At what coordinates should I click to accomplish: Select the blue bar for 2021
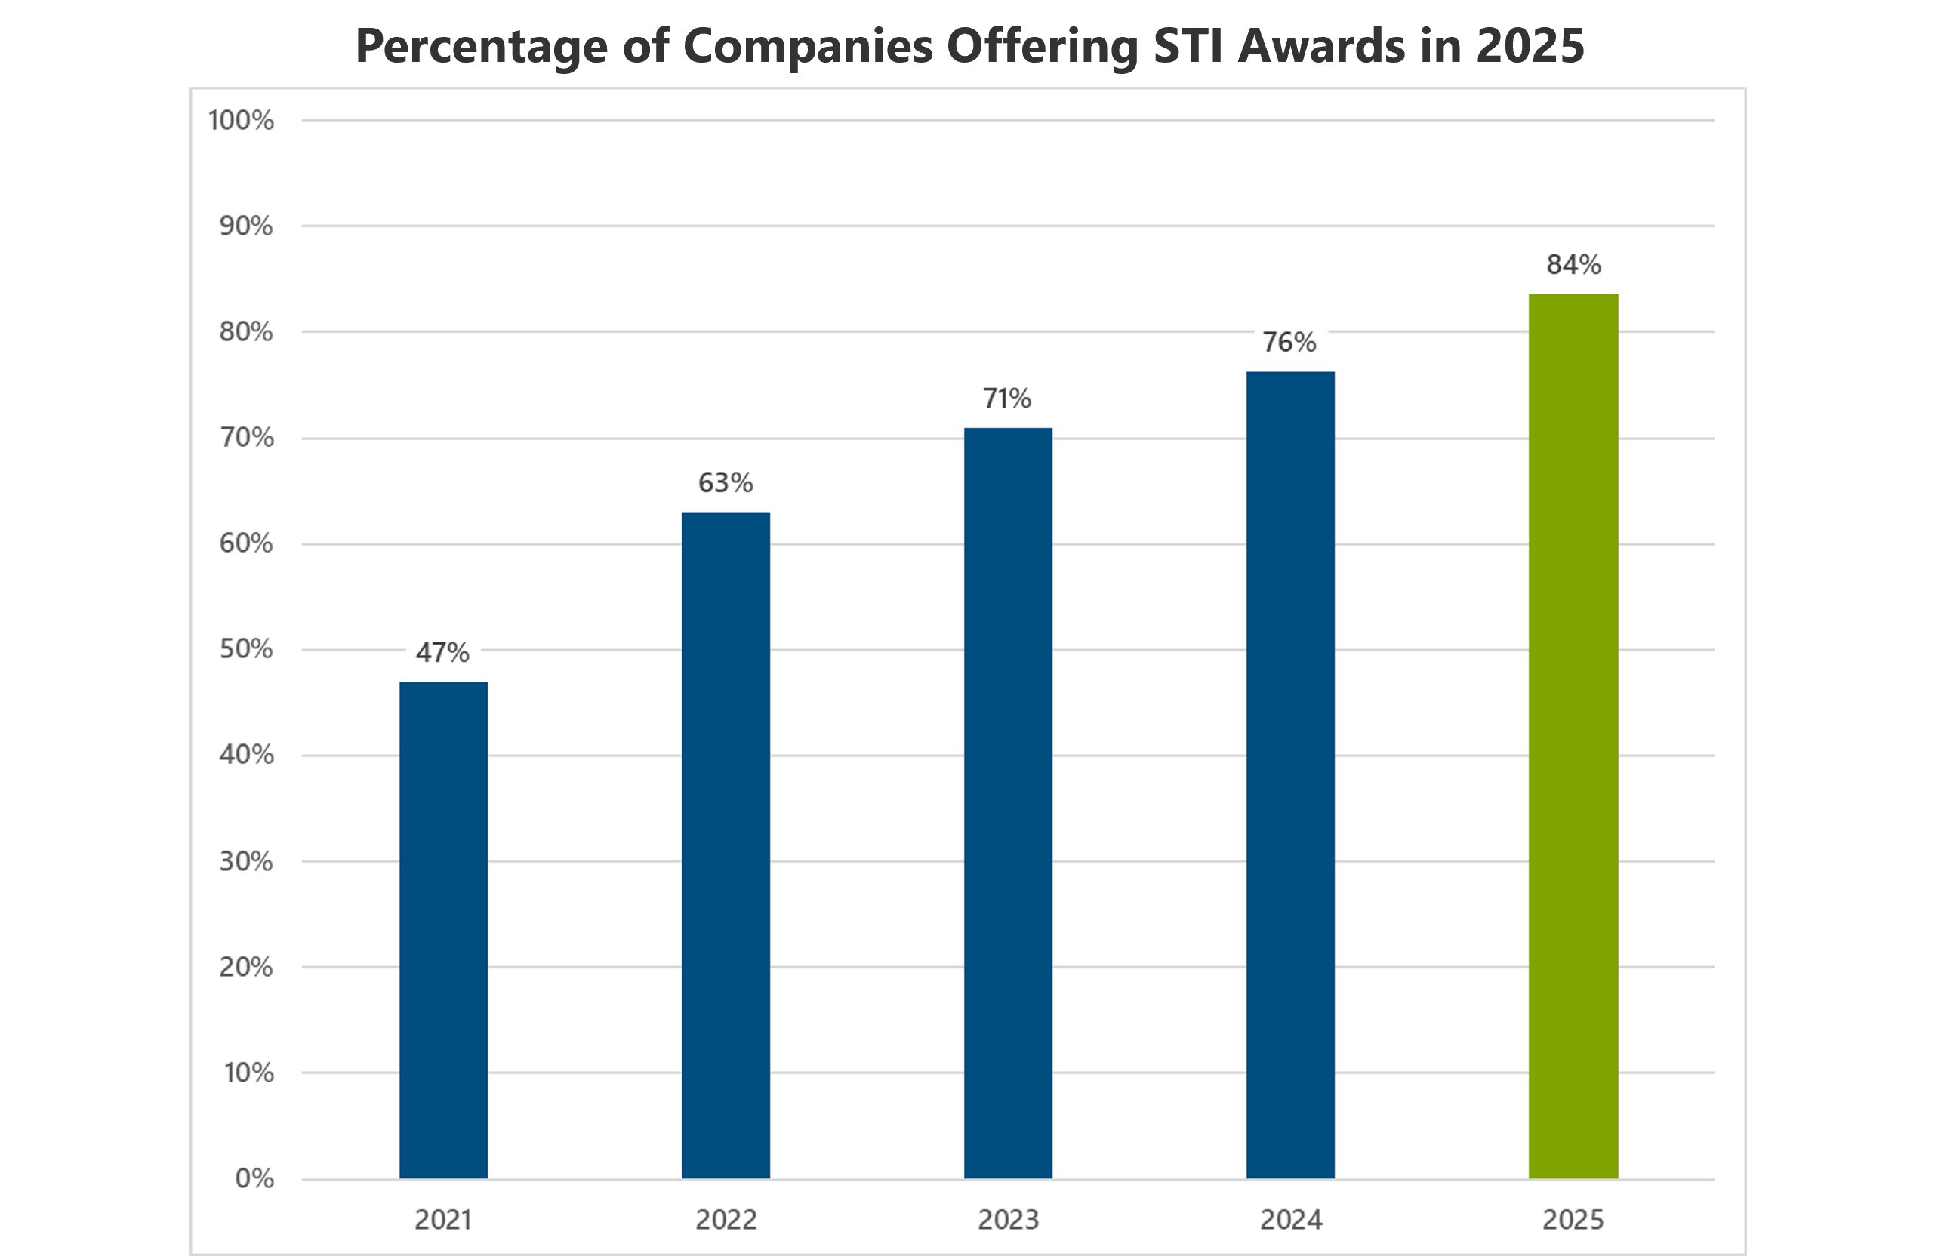pos(444,930)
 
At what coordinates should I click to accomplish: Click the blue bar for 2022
pos(726,845)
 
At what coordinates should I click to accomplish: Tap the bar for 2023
pos(1008,802)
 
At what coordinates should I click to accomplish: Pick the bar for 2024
pos(1290,774)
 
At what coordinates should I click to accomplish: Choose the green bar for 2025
pos(1573,736)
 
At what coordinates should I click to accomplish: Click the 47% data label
pos(443,652)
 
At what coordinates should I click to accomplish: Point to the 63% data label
pos(725,483)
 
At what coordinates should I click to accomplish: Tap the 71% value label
pos(1007,399)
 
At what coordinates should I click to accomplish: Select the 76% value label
pos(1289,343)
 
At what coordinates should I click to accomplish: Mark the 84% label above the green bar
pos(1573,265)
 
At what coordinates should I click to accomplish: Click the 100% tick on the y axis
pos(242,121)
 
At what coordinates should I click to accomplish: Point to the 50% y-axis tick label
pos(246,649)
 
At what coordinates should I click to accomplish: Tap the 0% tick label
pos(254,1178)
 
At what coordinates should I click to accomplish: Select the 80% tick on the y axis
pos(246,332)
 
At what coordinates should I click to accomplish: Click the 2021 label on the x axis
pos(443,1220)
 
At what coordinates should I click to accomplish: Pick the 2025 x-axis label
pos(1573,1220)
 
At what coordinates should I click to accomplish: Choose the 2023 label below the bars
pos(1008,1220)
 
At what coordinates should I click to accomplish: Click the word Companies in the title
pos(807,46)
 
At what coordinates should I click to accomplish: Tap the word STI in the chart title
pos(1188,46)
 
